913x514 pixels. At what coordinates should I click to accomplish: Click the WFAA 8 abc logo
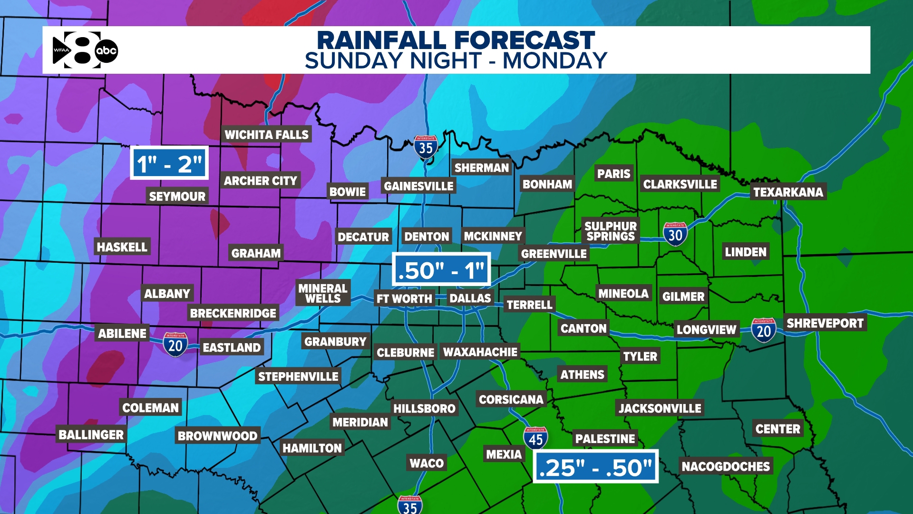point(85,50)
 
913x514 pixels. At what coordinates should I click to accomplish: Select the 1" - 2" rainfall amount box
point(169,163)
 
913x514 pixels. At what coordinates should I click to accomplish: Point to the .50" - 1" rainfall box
point(441,270)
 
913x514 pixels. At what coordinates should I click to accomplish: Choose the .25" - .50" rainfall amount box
point(595,466)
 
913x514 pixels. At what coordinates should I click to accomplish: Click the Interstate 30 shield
point(675,234)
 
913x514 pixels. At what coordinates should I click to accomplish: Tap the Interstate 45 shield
point(535,438)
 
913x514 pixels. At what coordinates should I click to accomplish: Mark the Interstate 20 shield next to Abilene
point(175,345)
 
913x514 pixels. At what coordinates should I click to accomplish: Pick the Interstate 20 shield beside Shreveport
point(764,330)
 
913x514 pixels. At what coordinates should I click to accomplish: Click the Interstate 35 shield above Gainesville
point(426,147)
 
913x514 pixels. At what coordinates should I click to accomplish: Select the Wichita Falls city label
point(266,135)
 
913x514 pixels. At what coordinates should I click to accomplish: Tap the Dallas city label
point(470,298)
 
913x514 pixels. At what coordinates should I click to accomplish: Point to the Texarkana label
point(788,192)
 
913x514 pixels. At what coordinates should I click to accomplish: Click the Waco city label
point(427,463)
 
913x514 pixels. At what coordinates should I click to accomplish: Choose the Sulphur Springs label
point(611,231)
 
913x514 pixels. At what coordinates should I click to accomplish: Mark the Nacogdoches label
point(726,466)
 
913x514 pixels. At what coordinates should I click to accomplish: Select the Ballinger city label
point(91,435)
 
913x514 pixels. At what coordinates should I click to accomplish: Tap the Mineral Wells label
point(323,293)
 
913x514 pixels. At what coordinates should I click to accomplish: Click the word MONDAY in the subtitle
point(555,61)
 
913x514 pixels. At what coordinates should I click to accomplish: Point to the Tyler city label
point(640,356)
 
